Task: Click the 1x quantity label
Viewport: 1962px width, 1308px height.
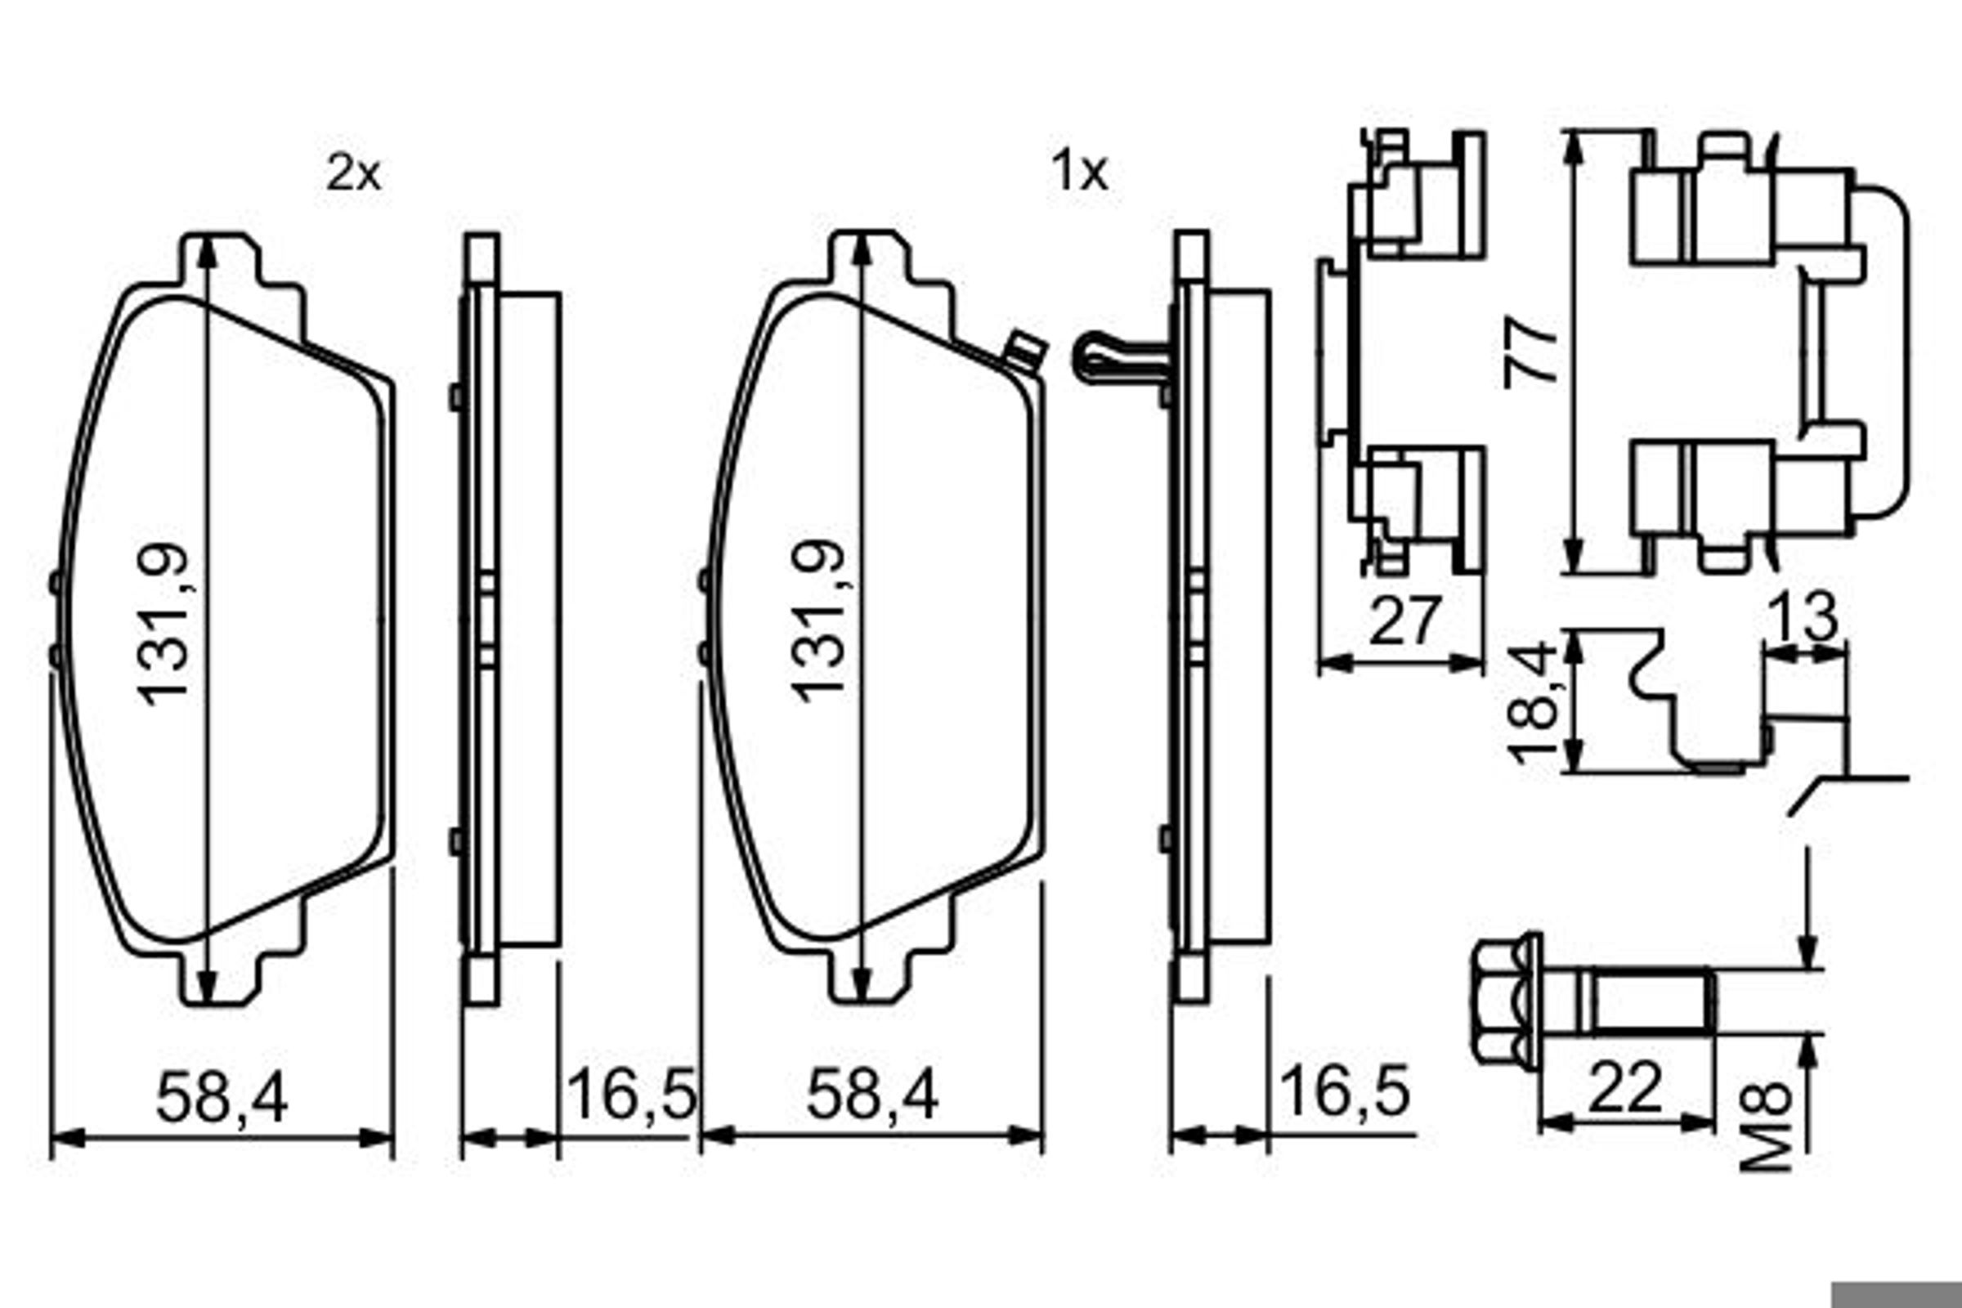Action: click(1079, 172)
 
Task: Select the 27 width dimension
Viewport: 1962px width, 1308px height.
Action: click(1404, 620)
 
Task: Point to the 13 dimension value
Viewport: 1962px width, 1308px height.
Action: click(1803, 618)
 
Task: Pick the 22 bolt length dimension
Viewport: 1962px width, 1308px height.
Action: click(1626, 1088)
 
